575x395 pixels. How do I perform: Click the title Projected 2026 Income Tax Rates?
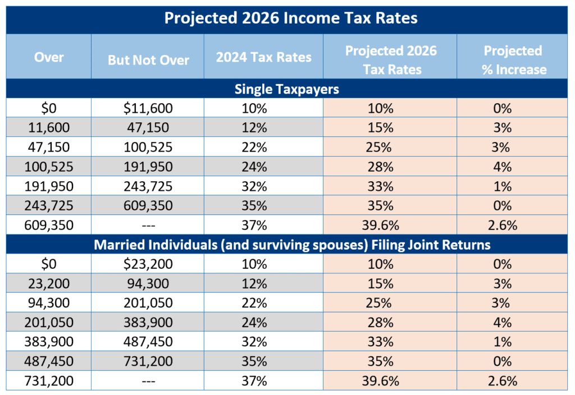[x=290, y=18]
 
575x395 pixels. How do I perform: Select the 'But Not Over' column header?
[x=148, y=59]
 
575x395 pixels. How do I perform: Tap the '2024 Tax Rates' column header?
[x=263, y=58]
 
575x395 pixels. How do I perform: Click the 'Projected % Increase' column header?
[x=513, y=59]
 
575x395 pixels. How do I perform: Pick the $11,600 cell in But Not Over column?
[x=148, y=108]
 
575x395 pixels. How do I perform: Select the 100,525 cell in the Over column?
[x=49, y=167]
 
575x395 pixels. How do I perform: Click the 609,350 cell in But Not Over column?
[x=148, y=205]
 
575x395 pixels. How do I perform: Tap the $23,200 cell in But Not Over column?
[x=148, y=264]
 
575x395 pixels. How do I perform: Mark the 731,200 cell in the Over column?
[x=49, y=381]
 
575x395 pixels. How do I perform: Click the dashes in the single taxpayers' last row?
[x=148, y=225]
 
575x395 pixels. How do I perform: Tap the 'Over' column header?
[x=49, y=57]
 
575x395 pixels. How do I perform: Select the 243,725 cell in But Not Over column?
[x=148, y=186]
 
